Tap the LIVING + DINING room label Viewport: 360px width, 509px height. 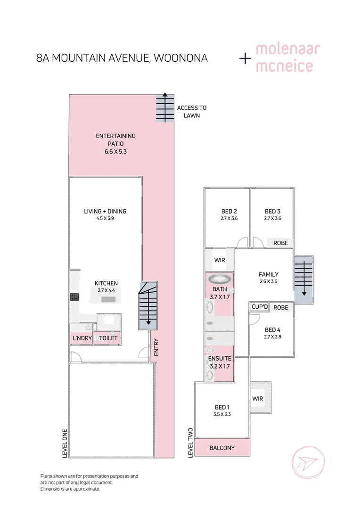tap(105, 211)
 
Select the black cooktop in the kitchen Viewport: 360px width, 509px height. tap(74, 297)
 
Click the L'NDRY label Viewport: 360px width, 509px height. tap(82, 338)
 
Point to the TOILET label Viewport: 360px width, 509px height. tap(108, 338)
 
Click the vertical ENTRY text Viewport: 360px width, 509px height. tap(156, 347)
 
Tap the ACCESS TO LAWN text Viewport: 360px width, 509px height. tap(192, 112)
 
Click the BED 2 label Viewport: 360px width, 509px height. tap(229, 211)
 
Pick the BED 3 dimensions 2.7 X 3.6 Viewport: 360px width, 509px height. tap(273, 219)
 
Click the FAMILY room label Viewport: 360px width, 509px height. tap(269, 274)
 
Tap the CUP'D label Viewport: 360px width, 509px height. tap(260, 307)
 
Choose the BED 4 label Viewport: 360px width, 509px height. tap(273, 330)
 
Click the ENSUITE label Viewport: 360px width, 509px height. tap(220, 358)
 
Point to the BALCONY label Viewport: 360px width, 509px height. tap(222, 448)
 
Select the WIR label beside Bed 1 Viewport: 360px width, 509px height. tap(258, 399)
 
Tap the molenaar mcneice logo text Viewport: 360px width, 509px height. tap(288, 58)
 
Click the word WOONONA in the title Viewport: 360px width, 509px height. tap(181, 58)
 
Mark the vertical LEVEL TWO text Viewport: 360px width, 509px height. tap(190, 443)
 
